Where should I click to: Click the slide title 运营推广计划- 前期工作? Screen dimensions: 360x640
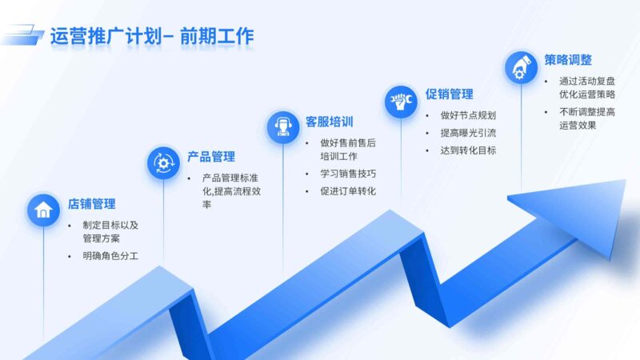151,36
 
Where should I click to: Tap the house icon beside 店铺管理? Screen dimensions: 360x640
43,210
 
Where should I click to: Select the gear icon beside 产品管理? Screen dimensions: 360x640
163,162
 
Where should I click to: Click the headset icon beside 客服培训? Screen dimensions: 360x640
282,126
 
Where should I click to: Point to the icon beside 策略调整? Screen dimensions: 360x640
521,66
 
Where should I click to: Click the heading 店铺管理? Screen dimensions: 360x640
91,204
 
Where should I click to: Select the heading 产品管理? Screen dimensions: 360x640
210,156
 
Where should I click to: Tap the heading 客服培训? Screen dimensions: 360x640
329,122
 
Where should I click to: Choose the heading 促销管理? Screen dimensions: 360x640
449,94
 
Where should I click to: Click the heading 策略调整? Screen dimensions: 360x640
568,59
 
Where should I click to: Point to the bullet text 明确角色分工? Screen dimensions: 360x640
110,256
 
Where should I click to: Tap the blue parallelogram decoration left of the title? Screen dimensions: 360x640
22,35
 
